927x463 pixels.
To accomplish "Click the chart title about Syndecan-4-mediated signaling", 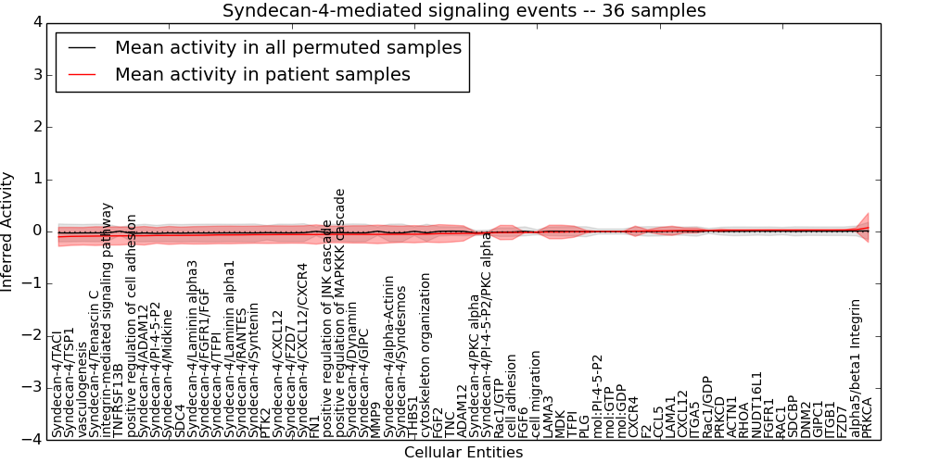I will pos(463,11).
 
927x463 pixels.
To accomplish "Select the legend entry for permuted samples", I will pos(287,47).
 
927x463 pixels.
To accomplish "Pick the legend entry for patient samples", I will pos(262,74).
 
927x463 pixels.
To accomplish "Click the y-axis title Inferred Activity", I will pos(8,231).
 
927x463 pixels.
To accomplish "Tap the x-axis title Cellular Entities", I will pos(463,453).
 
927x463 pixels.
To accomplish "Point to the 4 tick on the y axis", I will pos(34,22).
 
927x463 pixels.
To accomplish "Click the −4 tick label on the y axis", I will pos(30,439).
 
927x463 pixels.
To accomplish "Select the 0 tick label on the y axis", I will pos(34,231).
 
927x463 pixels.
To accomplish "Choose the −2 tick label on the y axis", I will pos(30,335).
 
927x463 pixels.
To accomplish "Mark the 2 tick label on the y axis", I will pos(34,127).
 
